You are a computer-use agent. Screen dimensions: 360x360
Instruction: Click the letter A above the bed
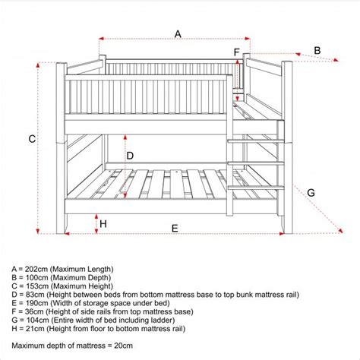coord(178,33)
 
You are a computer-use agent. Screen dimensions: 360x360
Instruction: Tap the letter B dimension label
coord(317,51)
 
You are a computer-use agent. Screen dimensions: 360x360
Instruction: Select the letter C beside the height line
coord(32,139)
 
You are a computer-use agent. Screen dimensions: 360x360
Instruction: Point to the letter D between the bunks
coord(130,156)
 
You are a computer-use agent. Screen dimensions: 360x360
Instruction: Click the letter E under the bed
coord(175,229)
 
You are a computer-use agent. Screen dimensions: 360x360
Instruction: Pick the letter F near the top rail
coord(236,52)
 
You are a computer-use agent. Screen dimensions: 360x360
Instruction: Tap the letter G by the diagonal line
coord(311,193)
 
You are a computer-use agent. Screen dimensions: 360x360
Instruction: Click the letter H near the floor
coord(103,224)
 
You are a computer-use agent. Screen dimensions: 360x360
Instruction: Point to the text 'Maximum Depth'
coord(81,278)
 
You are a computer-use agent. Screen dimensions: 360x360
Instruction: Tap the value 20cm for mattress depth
coord(123,346)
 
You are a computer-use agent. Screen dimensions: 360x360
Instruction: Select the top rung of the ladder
coord(255,141)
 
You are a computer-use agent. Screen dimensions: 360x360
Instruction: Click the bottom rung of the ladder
coord(256,188)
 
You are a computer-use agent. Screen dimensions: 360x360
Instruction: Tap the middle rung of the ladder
coord(256,163)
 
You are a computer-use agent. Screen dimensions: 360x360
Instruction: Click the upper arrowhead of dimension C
coord(38,65)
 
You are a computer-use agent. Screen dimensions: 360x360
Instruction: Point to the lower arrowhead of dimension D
coord(125,195)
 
